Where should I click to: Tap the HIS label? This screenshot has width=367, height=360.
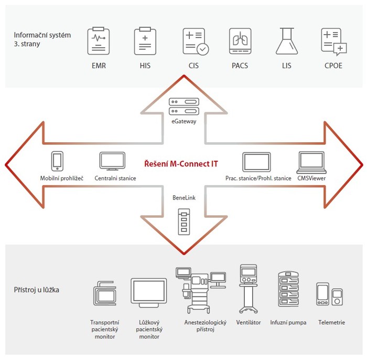(x=146, y=66)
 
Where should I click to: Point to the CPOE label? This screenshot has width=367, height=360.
(x=334, y=66)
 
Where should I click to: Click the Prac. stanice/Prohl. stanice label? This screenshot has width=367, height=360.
(x=258, y=178)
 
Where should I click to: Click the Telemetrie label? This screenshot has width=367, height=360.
(x=331, y=322)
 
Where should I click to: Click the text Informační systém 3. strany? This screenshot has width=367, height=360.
(x=42, y=39)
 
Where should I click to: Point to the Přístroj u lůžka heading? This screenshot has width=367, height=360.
(x=37, y=289)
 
